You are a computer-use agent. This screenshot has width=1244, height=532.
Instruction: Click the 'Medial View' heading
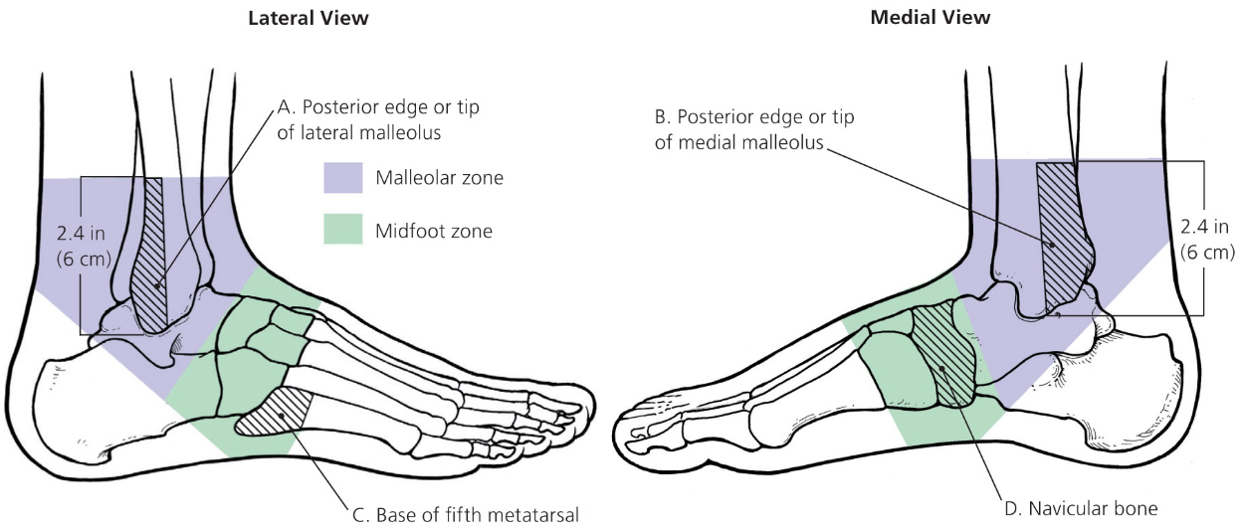931,18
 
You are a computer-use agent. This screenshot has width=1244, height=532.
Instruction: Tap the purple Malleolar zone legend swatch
342,178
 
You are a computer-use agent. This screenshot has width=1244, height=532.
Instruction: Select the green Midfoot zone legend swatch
342,232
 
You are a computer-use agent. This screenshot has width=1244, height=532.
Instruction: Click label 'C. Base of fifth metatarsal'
465,514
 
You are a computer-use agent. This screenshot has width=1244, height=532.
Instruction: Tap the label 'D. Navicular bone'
1082,509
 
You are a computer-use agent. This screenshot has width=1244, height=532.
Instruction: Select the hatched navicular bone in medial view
943,353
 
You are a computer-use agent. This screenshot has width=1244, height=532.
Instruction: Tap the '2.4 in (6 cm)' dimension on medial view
1207,238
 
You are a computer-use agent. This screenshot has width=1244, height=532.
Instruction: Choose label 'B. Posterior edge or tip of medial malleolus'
754,129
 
